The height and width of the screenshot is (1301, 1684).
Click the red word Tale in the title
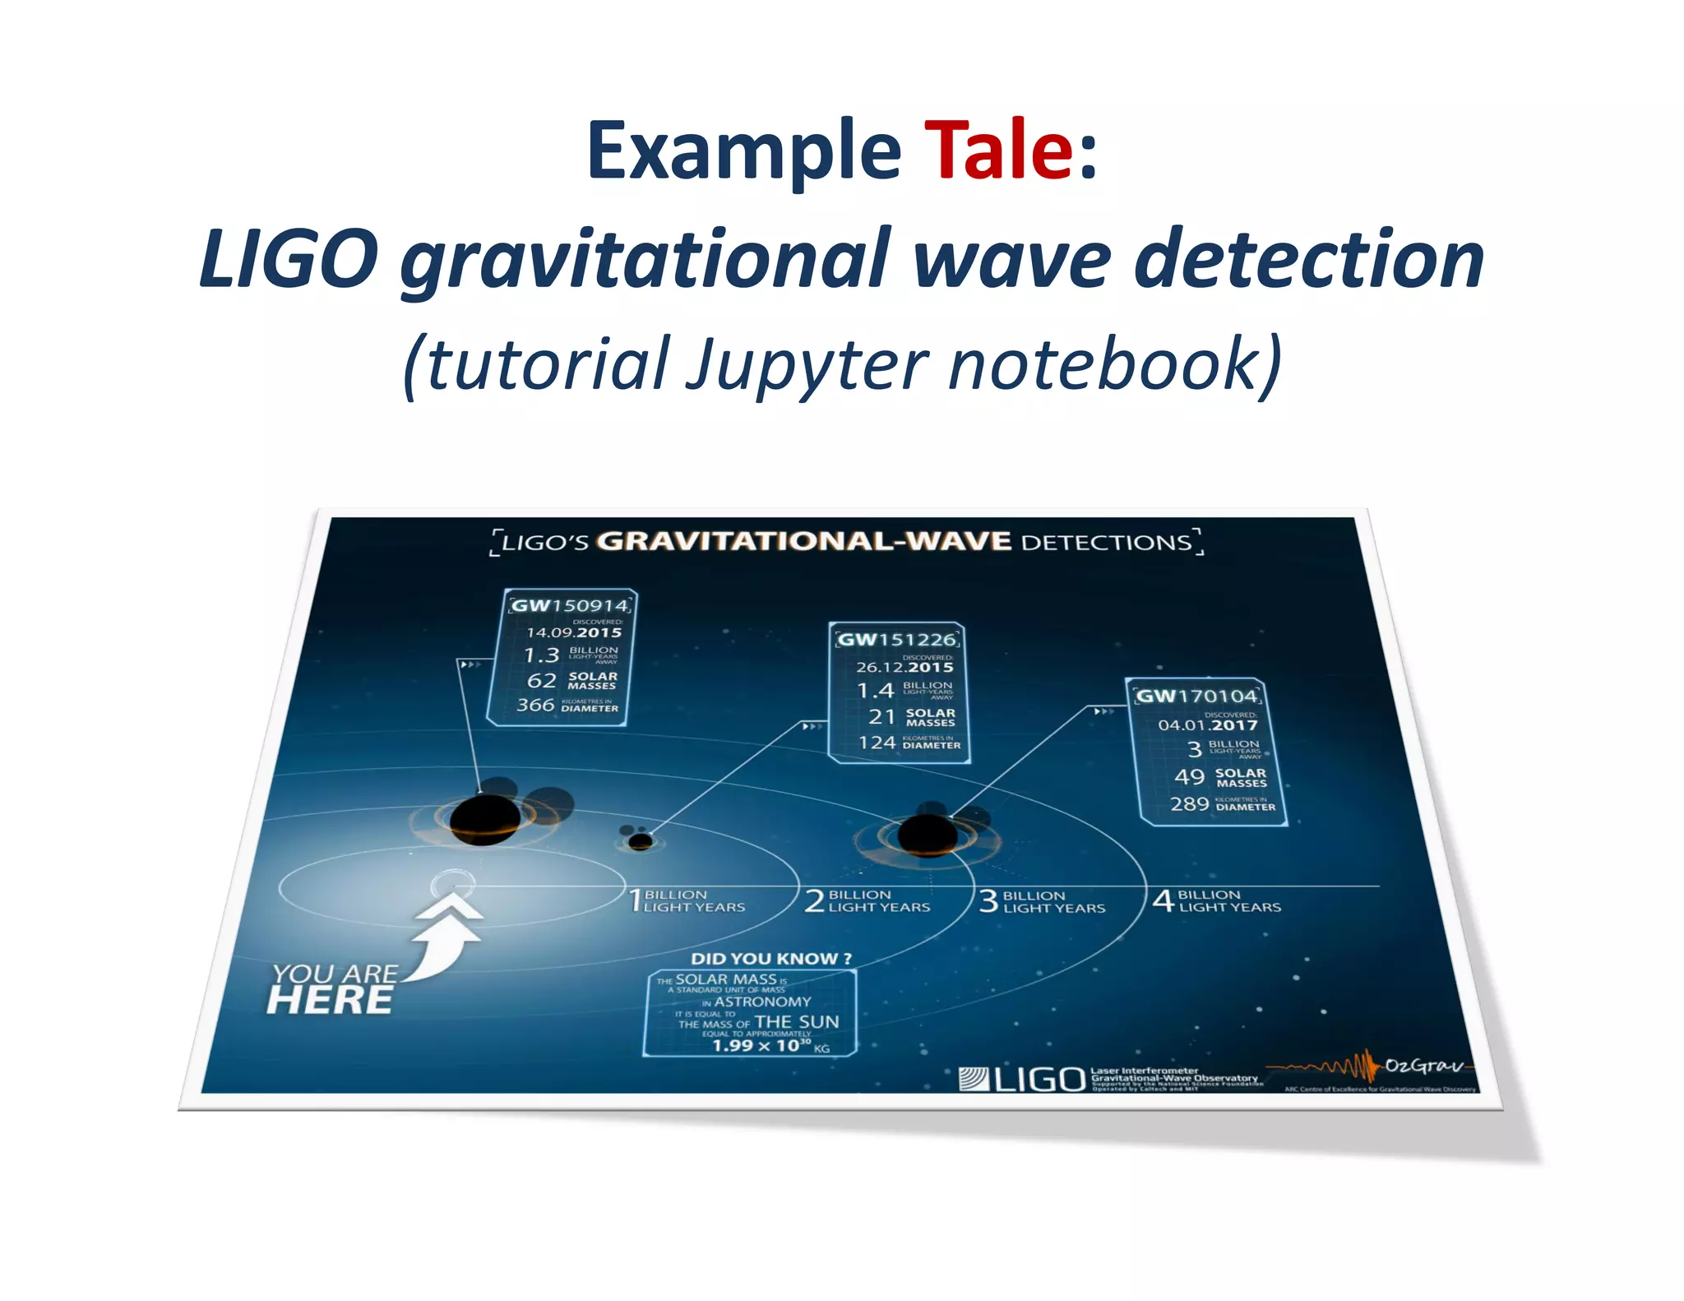coord(998,150)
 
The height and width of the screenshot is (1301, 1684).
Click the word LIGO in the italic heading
coord(289,259)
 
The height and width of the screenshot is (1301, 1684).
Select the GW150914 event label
coord(570,606)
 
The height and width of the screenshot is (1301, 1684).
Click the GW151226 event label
coord(897,640)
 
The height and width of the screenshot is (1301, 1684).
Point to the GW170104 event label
coord(1196,696)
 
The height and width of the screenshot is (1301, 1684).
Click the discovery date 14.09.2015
coord(574,632)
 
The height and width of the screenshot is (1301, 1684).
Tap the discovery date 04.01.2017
coord(1207,725)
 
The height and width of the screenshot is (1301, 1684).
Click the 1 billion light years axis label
coord(687,901)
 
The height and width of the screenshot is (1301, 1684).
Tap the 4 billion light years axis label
coord(1217,901)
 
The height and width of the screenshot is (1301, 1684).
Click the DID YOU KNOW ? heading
coord(770,958)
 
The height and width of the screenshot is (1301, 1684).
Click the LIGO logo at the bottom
coord(1022,1079)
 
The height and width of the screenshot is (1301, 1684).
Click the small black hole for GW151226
coord(640,840)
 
